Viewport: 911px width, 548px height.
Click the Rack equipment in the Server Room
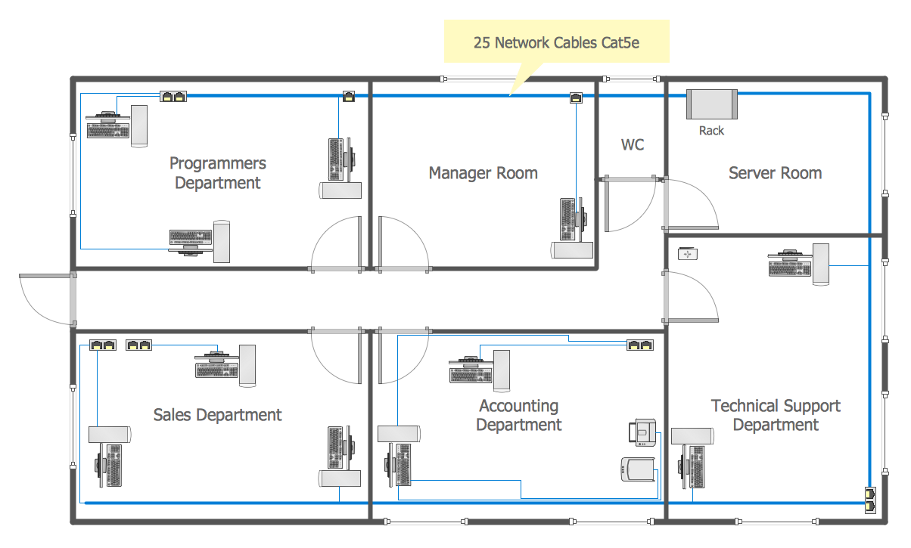click(711, 104)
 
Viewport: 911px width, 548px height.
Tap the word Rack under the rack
click(711, 131)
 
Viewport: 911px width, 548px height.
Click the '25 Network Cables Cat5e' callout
click(556, 42)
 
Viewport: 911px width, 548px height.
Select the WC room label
click(633, 144)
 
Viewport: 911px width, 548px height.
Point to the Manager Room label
click(483, 173)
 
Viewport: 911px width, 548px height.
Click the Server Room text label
click(775, 173)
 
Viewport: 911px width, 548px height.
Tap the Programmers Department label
click(217, 173)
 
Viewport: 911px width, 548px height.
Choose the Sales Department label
click(217, 415)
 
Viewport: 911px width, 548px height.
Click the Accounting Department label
click(518, 416)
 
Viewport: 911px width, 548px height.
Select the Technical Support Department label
click(775, 416)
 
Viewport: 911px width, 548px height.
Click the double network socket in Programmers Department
click(173, 97)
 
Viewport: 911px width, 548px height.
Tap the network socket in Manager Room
click(576, 97)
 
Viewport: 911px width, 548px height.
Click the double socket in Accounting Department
click(640, 345)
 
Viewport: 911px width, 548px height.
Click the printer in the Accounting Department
click(641, 433)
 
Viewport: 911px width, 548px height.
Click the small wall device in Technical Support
click(687, 254)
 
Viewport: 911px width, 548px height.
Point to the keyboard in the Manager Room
click(567, 219)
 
